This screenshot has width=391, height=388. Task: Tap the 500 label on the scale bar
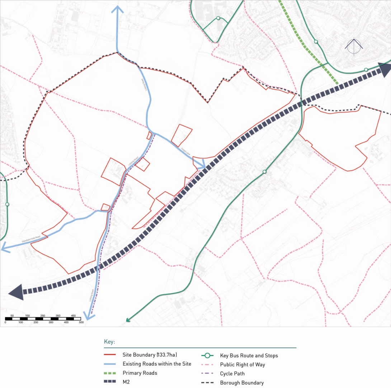coord(81,323)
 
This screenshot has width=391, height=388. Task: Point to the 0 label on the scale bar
coord(5,323)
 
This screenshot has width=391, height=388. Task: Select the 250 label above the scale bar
coord(43,315)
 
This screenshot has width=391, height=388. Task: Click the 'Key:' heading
coord(109,342)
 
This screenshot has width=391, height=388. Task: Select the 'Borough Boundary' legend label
coord(242,383)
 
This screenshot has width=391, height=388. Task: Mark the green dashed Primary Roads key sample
coord(109,373)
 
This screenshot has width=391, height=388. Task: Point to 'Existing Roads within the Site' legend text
coord(157,364)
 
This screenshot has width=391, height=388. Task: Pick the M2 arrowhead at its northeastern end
coord(385,69)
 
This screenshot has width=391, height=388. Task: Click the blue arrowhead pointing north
coord(117,9)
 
